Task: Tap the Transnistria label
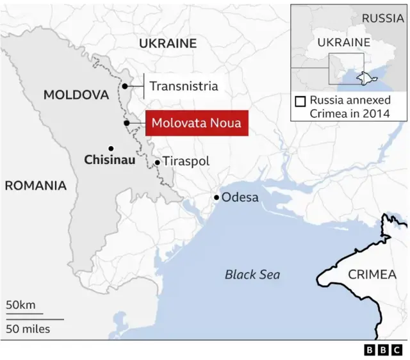(x=183, y=86)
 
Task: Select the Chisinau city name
(x=110, y=160)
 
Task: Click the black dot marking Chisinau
(x=111, y=148)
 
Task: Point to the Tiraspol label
(x=186, y=162)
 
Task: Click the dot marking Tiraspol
(x=157, y=163)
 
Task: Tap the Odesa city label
(x=240, y=197)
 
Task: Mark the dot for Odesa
(x=217, y=197)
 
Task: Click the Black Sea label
(x=252, y=274)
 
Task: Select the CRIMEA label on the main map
(x=372, y=274)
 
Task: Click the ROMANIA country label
(x=35, y=186)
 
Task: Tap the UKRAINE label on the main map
(x=168, y=44)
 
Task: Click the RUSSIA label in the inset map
(x=382, y=18)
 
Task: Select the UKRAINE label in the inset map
(x=345, y=42)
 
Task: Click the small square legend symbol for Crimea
(x=300, y=101)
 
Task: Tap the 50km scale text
(x=21, y=305)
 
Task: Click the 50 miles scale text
(x=28, y=329)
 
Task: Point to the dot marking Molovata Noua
(x=127, y=123)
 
